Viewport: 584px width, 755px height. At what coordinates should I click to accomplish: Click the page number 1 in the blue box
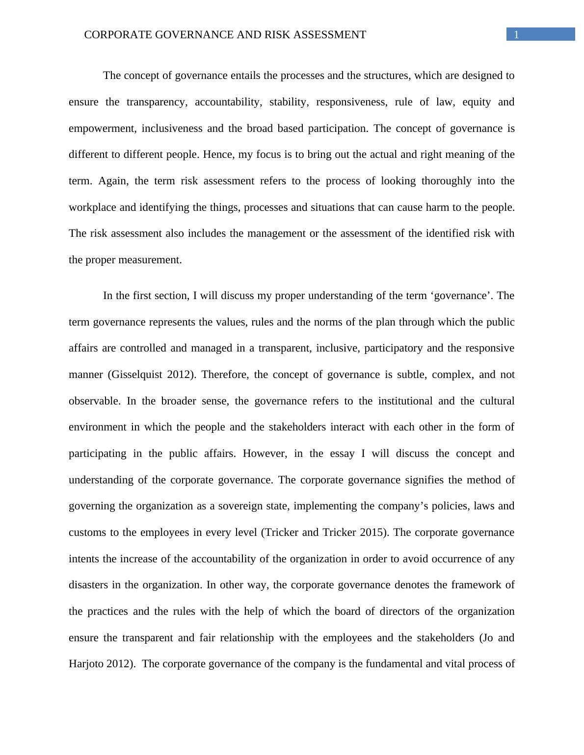tap(516, 34)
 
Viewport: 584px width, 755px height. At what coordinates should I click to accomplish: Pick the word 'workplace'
tap(92, 207)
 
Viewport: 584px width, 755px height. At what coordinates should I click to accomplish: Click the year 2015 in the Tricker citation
tap(373, 532)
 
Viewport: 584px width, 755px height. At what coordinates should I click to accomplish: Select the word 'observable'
tap(94, 401)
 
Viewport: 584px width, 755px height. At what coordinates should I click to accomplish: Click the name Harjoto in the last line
tap(86, 664)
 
